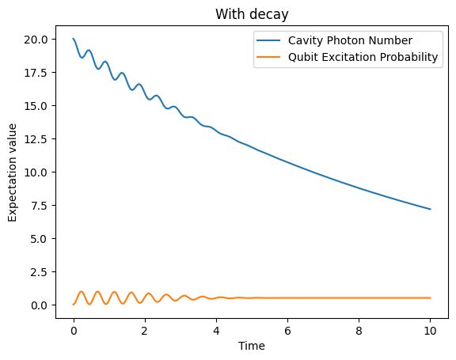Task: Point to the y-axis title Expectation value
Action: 13,172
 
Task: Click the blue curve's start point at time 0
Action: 74,39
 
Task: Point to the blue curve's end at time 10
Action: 430,209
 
